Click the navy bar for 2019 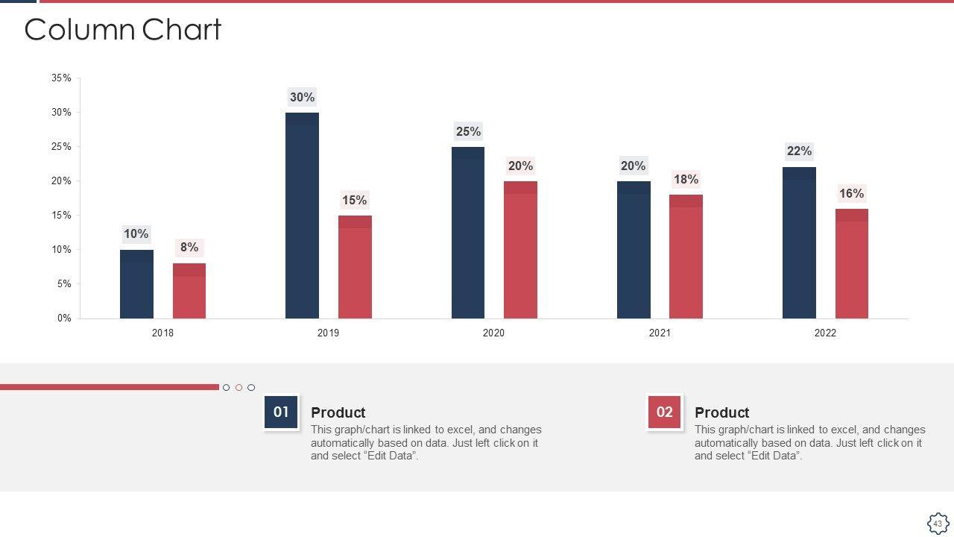tap(302, 216)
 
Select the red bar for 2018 tap(189, 291)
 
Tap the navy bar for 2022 tap(799, 242)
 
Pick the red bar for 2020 tap(520, 250)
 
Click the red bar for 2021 tap(686, 257)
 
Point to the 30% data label tap(303, 97)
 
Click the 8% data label tap(189, 248)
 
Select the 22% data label tap(799, 151)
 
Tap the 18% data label tap(686, 180)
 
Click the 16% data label tap(851, 194)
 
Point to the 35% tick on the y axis tap(61, 78)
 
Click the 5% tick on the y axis tap(63, 284)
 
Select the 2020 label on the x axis tap(493, 333)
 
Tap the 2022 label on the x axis tap(825, 333)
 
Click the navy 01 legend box tap(281, 412)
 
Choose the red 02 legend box tap(664, 412)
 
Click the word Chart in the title tap(181, 30)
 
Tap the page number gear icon tap(938, 523)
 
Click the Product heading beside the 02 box tap(721, 412)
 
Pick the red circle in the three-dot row tap(238, 387)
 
